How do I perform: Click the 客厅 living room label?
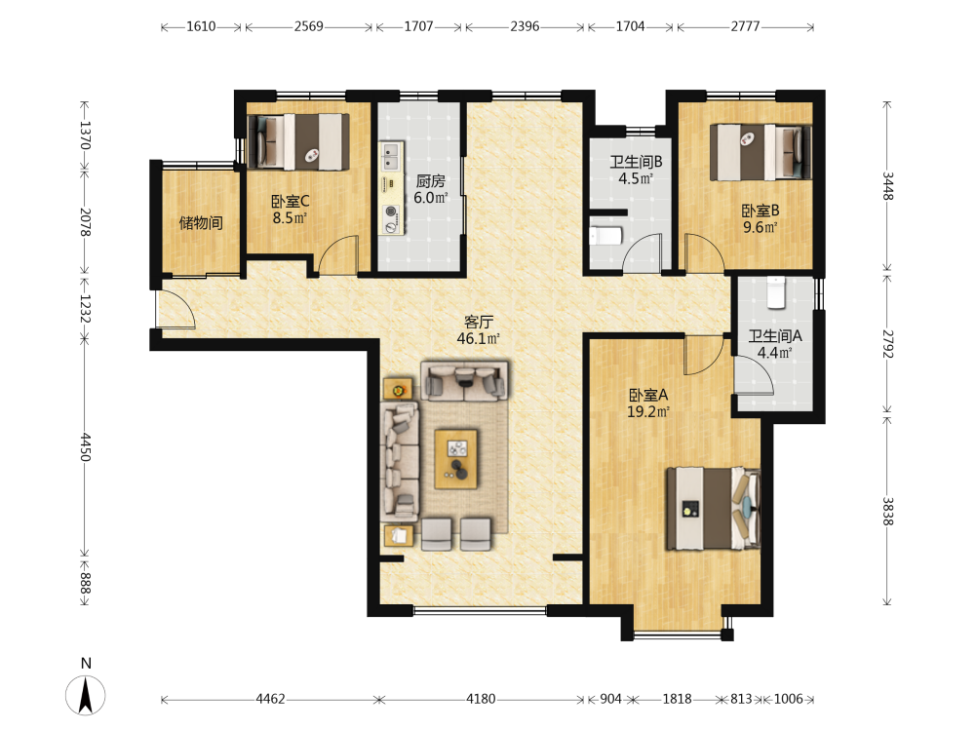(x=479, y=322)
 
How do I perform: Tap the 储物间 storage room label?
(x=201, y=222)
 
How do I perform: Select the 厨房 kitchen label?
(x=430, y=181)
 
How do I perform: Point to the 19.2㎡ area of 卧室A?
(x=648, y=411)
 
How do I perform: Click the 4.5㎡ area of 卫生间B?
(x=636, y=178)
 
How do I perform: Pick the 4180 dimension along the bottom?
(x=481, y=699)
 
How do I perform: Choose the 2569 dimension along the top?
(x=308, y=26)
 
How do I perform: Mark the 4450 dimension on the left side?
(x=85, y=447)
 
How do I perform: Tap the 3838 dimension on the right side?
(x=887, y=511)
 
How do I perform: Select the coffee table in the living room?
(x=455, y=459)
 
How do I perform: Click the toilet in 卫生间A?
(x=775, y=292)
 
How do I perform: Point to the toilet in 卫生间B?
(x=605, y=236)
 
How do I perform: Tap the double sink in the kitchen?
(x=391, y=156)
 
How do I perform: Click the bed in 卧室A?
(x=714, y=509)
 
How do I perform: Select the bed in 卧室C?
(x=298, y=141)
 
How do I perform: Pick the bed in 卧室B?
(x=761, y=153)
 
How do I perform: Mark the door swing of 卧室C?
(x=338, y=254)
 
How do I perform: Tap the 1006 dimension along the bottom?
(x=788, y=699)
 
